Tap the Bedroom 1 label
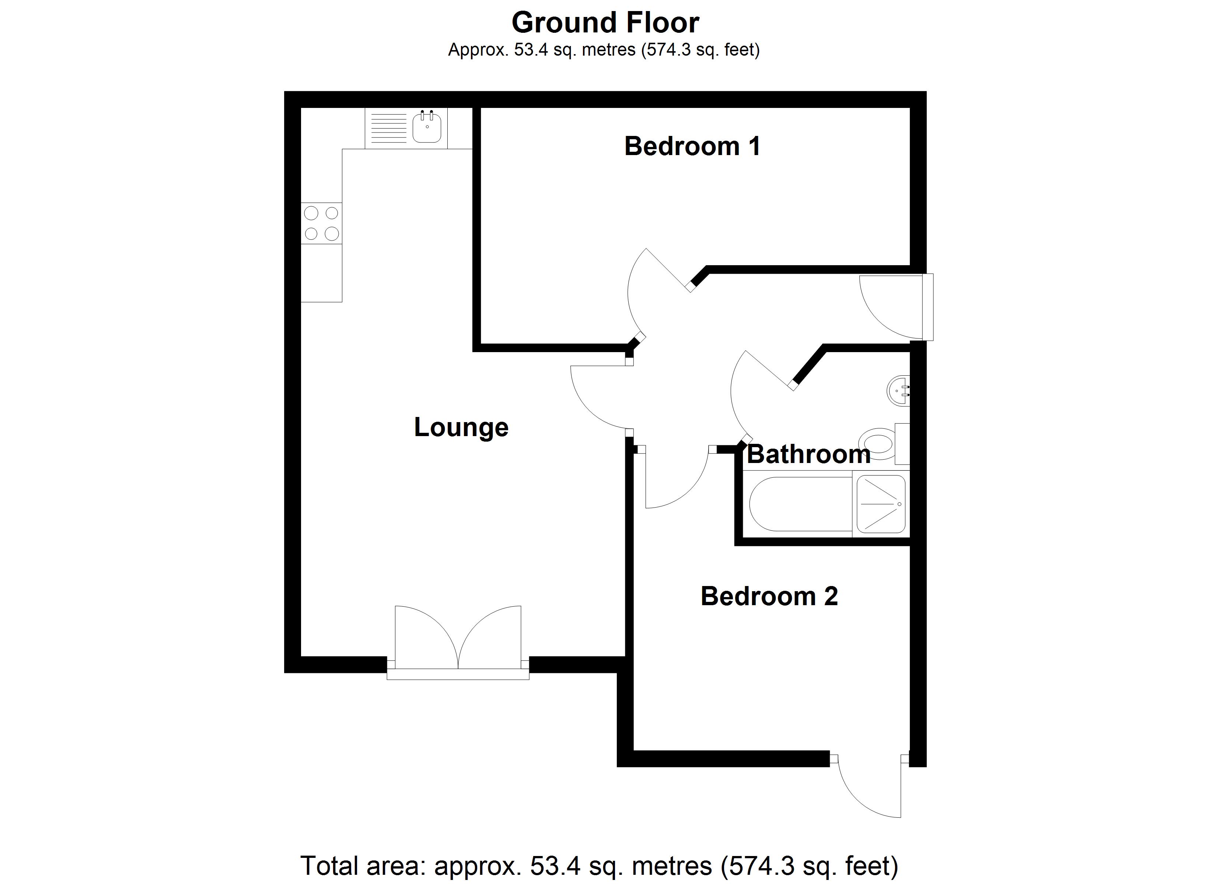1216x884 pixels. (692, 146)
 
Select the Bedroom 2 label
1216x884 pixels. (769, 596)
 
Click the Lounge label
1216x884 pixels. (461, 427)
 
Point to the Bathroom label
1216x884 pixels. (808, 455)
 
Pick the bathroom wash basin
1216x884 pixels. (898, 391)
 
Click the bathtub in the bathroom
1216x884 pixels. (800, 504)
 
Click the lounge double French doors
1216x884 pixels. (458, 641)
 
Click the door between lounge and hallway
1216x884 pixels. (598, 397)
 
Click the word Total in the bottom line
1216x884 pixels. (330, 865)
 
